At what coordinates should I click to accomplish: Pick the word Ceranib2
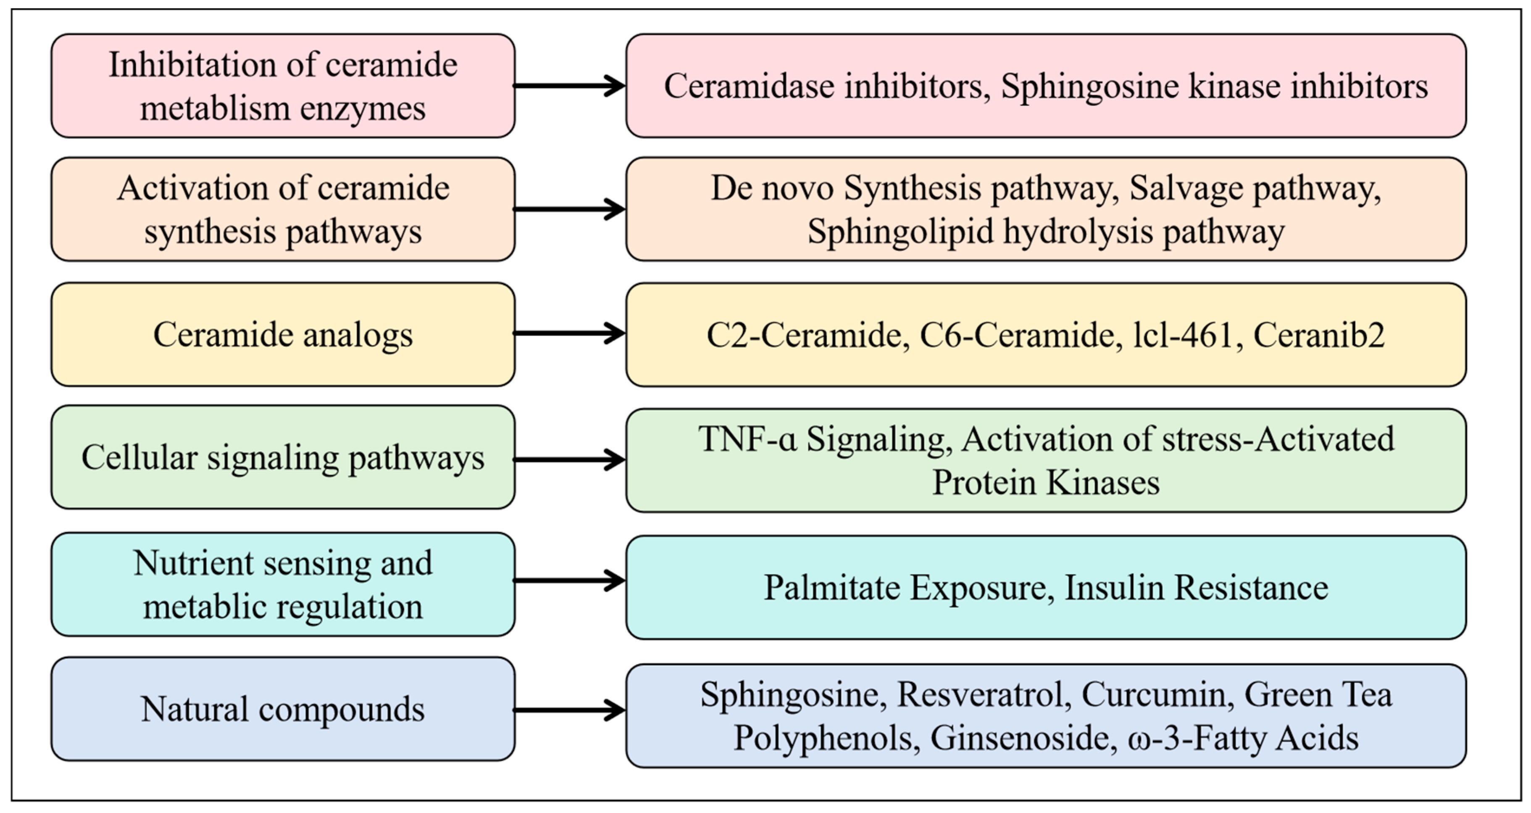1319,335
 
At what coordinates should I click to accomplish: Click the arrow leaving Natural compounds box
569,710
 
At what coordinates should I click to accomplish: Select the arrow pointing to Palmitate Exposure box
569,581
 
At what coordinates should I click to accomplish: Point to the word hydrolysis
1078,232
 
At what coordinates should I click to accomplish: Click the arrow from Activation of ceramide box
569,209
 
